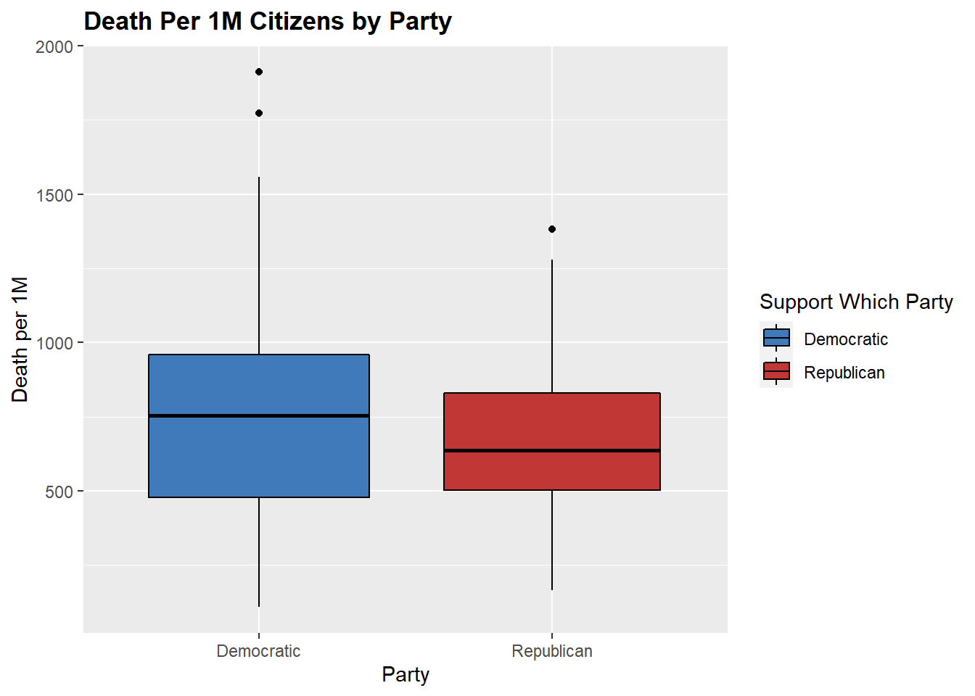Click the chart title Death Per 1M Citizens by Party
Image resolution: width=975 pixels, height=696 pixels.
coord(268,21)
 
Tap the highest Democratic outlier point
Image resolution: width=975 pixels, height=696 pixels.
coord(259,72)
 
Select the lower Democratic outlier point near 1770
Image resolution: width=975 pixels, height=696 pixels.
coord(259,113)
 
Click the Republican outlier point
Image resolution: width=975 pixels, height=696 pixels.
coord(552,229)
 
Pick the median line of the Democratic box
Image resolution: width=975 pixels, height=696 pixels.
coord(259,415)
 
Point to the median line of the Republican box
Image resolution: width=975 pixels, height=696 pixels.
coord(552,450)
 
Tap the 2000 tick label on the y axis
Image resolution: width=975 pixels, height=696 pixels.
coord(54,47)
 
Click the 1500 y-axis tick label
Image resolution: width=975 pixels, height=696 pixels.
coord(54,195)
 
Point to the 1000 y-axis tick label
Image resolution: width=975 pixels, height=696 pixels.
coord(54,343)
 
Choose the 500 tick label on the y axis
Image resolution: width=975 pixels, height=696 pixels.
coord(59,492)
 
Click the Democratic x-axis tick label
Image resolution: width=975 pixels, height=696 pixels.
coord(258,651)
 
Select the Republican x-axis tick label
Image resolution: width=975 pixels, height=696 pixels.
coord(552,651)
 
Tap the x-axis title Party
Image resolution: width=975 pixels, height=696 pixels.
coord(406,674)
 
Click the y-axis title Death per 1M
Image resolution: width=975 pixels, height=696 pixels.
coord(20,339)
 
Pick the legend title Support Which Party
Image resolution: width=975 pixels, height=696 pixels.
coord(856,302)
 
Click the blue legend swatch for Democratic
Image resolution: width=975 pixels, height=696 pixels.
coord(776,339)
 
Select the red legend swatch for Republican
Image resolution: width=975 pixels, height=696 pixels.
coord(776,372)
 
